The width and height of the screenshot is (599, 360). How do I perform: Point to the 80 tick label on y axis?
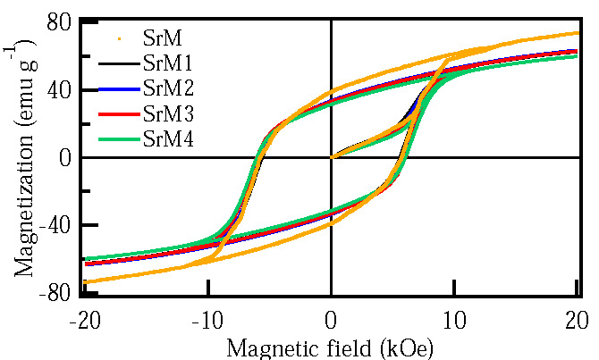58,22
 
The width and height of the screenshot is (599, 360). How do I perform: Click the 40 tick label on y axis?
58,90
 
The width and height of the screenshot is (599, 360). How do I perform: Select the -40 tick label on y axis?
55,226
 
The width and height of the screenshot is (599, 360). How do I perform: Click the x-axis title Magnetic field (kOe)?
332,344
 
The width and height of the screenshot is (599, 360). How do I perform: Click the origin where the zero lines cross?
332,158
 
